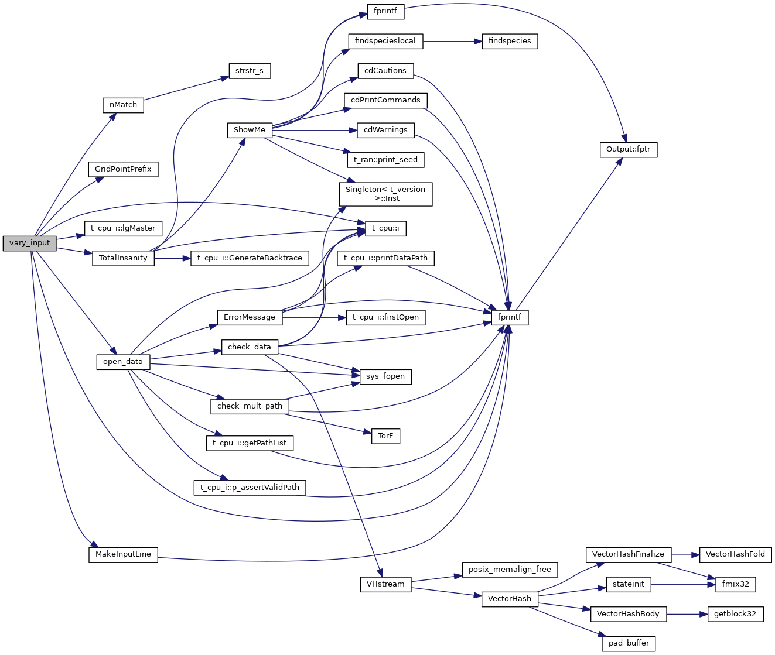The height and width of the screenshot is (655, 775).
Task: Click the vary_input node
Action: [x=29, y=243]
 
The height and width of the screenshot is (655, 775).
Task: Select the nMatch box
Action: [x=123, y=105]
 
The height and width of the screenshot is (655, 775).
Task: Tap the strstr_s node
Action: [x=249, y=71]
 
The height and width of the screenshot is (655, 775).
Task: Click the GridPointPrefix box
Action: [x=123, y=169]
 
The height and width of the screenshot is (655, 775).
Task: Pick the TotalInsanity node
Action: [x=123, y=258]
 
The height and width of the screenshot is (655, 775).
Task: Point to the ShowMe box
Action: [x=249, y=130]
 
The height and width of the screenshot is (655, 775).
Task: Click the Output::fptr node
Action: [x=628, y=149]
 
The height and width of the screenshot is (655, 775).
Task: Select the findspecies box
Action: [x=510, y=41]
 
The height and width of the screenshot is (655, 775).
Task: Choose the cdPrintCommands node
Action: [x=385, y=100]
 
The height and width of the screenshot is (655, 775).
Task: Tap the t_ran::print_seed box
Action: [x=385, y=160]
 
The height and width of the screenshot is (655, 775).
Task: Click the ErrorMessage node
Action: [x=249, y=317]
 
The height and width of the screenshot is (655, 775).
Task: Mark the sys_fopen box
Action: [x=385, y=376]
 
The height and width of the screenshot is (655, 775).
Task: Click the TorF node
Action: [x=385, y=436]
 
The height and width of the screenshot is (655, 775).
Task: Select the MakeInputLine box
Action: [x=123, y=554]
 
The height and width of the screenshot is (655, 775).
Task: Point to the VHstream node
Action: [x=385, y=584]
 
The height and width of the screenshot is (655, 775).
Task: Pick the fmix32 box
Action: [x=735, y=584]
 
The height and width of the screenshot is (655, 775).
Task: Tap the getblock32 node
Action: [x=735, y=614]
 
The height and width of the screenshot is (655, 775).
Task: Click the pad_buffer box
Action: [x=628, y=643]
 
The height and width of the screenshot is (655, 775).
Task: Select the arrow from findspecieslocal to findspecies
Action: [x=451, y=42]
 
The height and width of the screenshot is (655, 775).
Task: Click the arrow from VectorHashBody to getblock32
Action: [x=687, y=614]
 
